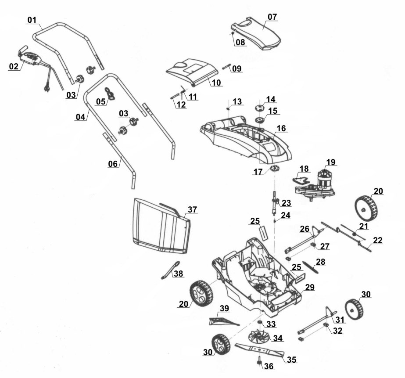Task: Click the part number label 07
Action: [272, 17]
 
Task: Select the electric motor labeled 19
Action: [325, 180]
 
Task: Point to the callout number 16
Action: [281, 129]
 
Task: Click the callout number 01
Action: [32, 20]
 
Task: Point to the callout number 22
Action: [378, 241]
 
